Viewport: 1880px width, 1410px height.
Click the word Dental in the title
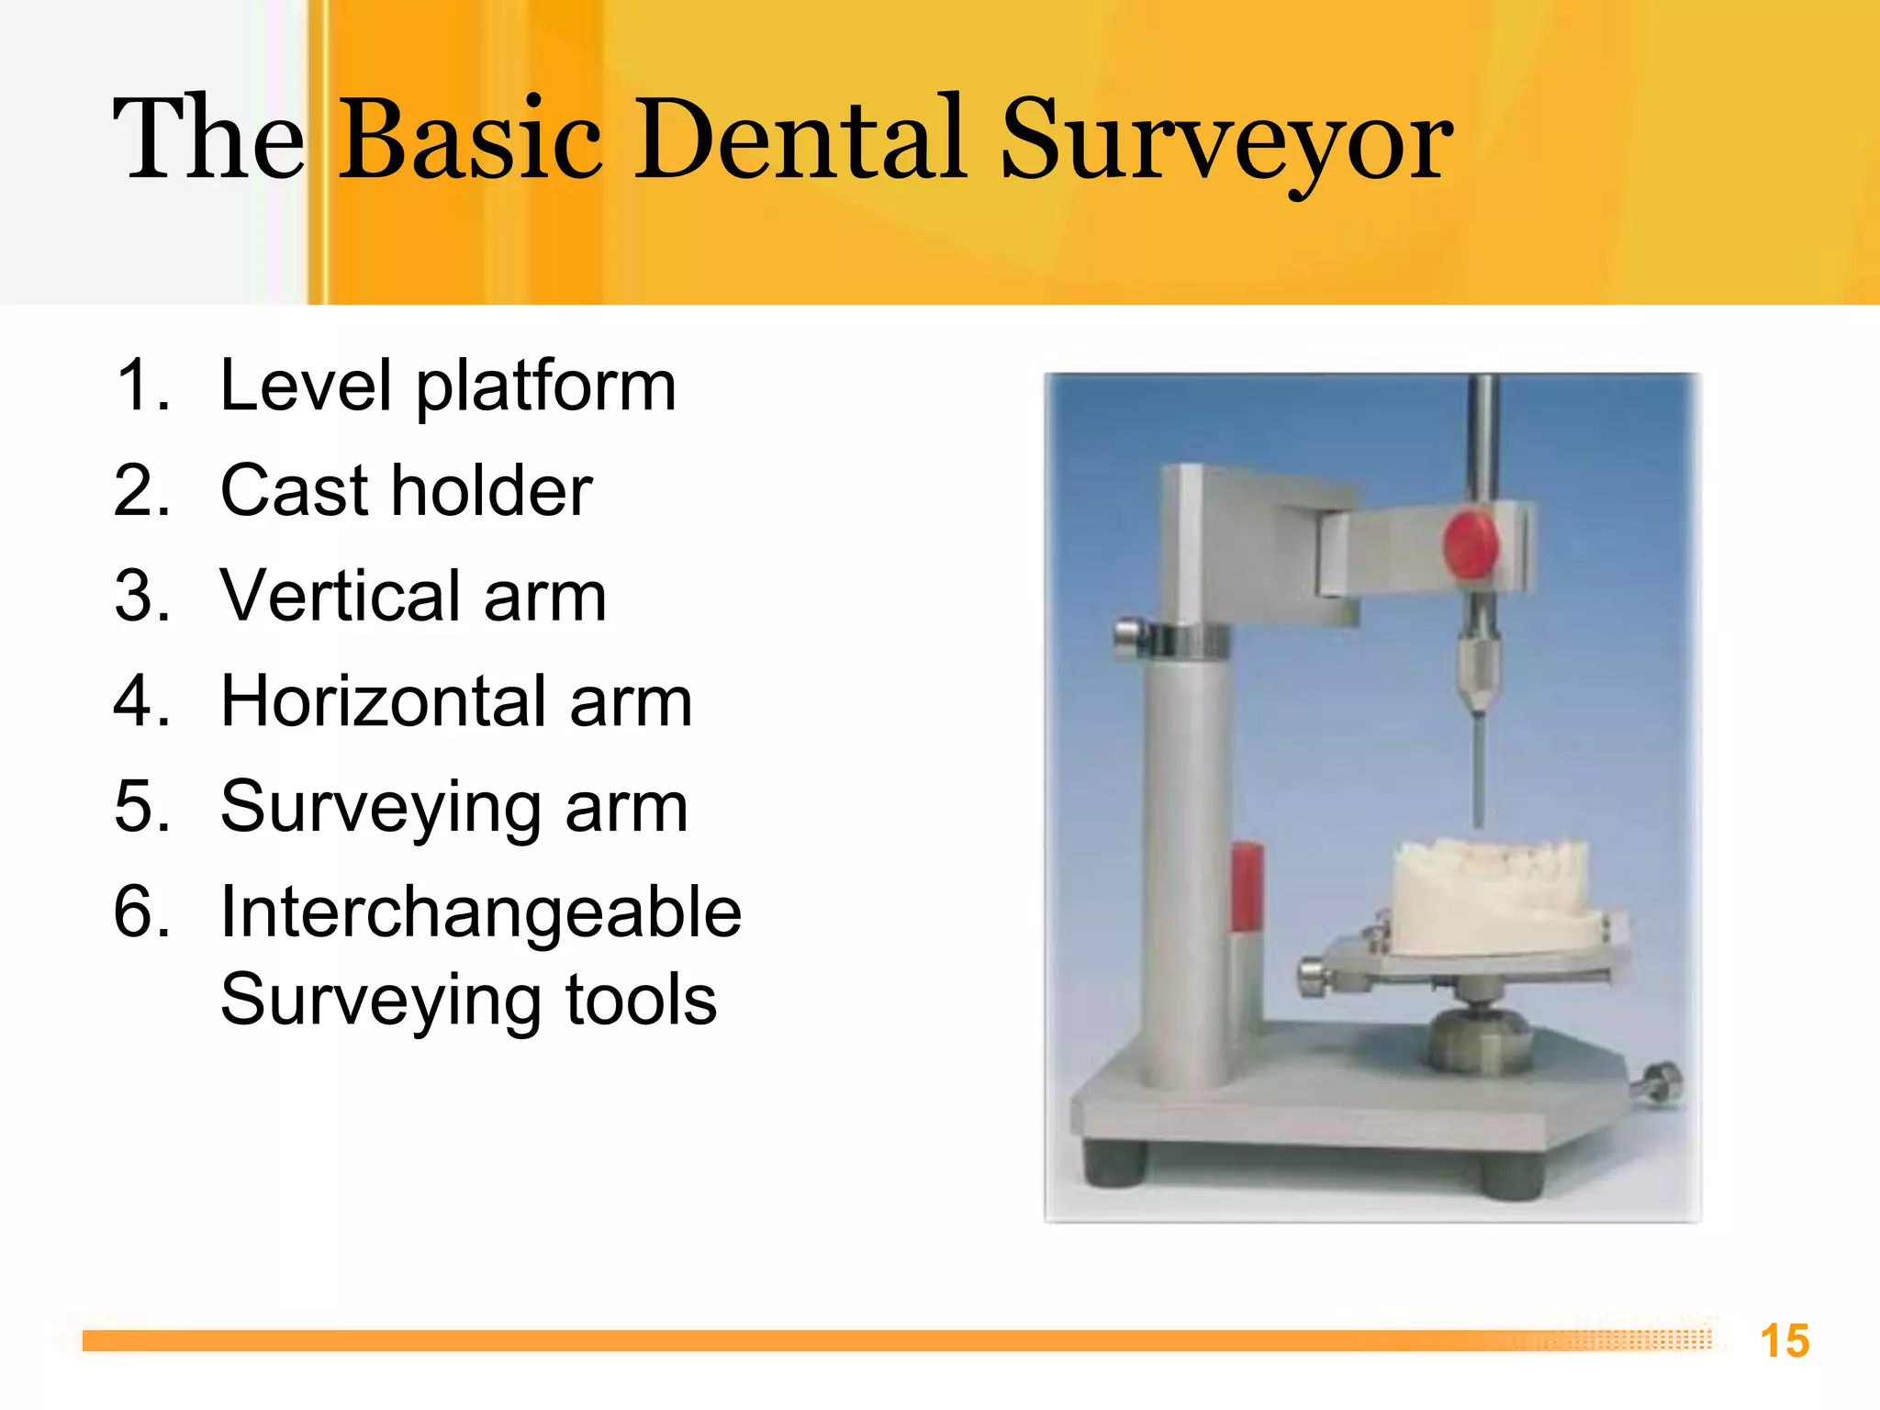pyautogui.click(x=799, y=140)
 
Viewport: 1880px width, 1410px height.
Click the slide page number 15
pyautogui.click(x=1784, y=1341)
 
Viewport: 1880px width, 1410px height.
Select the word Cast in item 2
pyautogui.click(x=296, y=491)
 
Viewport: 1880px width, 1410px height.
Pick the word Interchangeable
pyautogui.click(x=480, y=913)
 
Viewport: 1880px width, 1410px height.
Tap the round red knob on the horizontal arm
pyautogui.click(x=1470, y=545)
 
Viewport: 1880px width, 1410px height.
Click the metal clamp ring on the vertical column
pyautogui.click(x=1184, y=640)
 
